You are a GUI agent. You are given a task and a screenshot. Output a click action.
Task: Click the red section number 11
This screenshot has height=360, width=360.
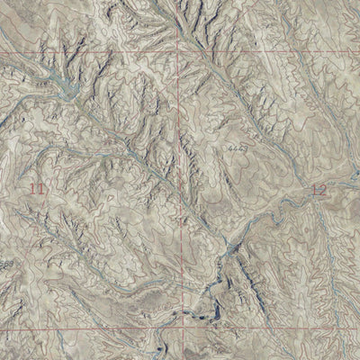[37, 188]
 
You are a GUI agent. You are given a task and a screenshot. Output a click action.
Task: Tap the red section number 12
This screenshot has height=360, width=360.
[319, 190]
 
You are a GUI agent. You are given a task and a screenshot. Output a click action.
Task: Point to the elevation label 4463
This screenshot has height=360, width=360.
[238, 146]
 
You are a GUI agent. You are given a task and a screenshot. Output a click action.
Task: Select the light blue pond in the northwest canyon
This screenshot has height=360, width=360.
[66, 87]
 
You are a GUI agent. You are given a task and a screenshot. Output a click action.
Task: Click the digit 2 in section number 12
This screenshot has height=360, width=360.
[323, 190]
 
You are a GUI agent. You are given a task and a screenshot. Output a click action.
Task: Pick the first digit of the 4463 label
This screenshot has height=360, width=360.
[230, 145]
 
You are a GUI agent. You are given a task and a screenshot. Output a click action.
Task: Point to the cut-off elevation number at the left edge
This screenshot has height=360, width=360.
[4, 263]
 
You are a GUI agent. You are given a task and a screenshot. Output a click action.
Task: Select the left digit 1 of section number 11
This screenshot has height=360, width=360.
[32, 188]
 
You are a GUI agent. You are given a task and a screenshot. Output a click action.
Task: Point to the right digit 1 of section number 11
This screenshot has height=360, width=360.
[40, 188]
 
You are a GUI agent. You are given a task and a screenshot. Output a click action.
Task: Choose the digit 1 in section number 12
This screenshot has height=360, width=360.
[314, 190]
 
